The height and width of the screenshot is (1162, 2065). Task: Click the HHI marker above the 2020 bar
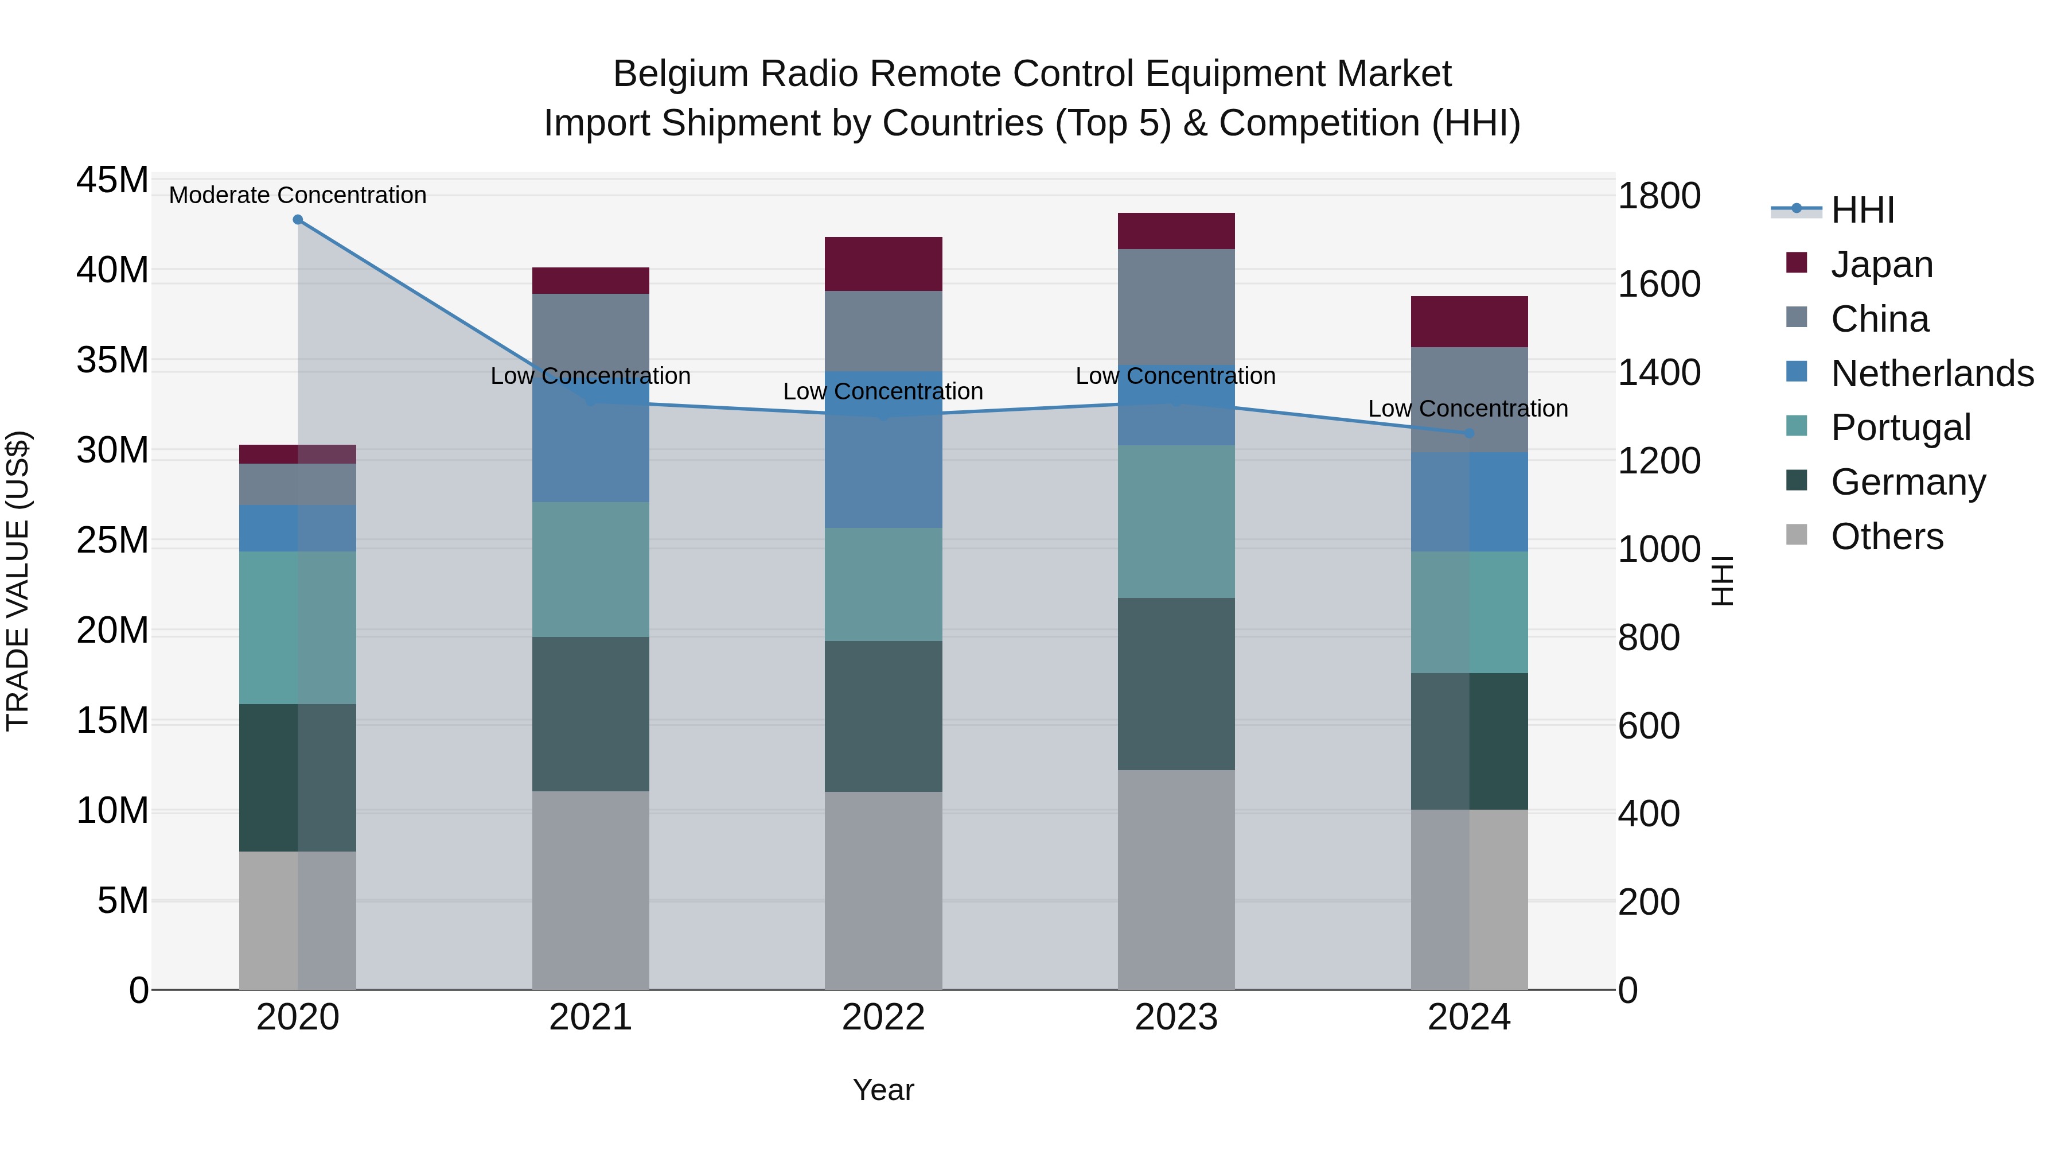coord(297,219)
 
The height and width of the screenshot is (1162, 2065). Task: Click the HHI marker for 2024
coord(1468,433)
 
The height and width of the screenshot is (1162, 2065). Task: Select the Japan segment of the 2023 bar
coord(1175,231)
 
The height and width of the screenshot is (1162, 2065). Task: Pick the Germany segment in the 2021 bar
coord(590,714)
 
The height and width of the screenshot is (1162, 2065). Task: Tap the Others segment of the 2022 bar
coord(883,890)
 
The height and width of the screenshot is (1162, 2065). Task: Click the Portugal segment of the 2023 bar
coord(1175,521)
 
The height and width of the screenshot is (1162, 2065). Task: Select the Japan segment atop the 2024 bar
coord(1468,321)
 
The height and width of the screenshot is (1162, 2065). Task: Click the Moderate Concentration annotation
coord(297,195)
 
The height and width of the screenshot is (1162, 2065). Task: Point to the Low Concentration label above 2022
coord(883,391)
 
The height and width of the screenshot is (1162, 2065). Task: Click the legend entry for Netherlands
coord(1932,374)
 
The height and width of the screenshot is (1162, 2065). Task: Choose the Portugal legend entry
coord(1900,428)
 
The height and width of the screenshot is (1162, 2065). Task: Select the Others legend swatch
coord(1797,535)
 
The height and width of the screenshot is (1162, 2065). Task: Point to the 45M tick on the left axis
coord(112,180)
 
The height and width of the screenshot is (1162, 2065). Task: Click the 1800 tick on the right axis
coord(1658,196)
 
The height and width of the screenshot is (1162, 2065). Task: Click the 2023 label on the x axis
coord(1175,1017)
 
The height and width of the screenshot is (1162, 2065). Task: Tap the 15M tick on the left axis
coord(112,721)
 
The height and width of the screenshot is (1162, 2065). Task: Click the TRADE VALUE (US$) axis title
coord(18,581)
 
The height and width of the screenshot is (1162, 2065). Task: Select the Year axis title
coord(883,1090)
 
